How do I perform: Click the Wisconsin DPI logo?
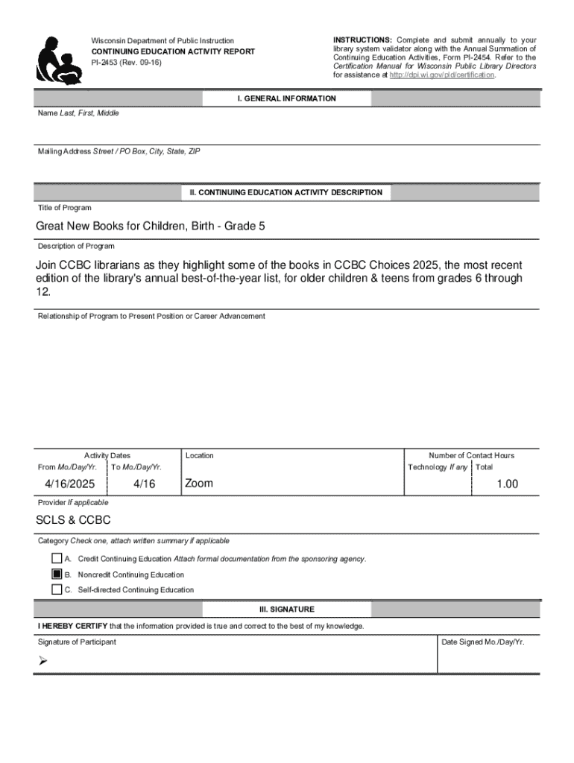pyautogui.click(x=59, y=60)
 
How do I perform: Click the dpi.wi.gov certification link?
pyautogui.click(x=441, y=75)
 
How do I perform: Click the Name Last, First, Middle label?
pyautogui.click(x=78, y=113)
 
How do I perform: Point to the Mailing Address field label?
pyautogui.click(x=119, y=151)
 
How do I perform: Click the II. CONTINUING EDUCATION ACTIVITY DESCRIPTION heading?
pyautogui.click(x=286, y=192)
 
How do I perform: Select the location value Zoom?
pyautogui.click(x=199, y=484)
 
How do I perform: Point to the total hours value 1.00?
pyautogui.click(x=507, y=484)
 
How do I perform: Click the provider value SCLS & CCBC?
pyautogui.click(x=73, y=520)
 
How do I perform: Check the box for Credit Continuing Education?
pyautogui.click(x=57, y=559)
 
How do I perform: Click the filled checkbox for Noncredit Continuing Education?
pyautogui.click(x=57, y=574)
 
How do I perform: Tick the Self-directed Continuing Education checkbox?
pyautogui.click(x=57, y=589)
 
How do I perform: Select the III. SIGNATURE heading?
pyautogui.click(x=286, y=609)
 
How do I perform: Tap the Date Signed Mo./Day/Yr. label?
pyautogui.click(x=483, y=642)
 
